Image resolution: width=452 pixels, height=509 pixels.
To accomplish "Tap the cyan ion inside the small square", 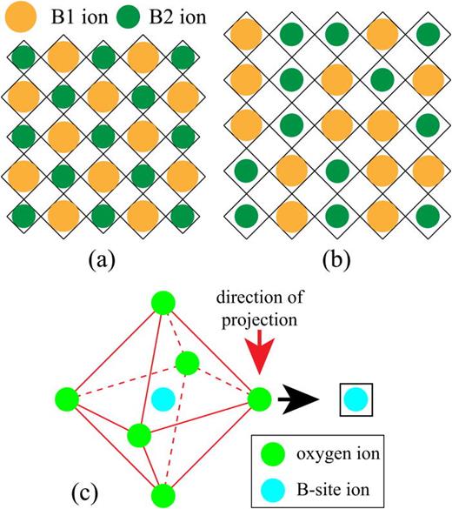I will click(x=355, y=400).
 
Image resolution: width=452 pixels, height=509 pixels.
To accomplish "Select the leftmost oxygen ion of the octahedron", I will click(x=69, y=399).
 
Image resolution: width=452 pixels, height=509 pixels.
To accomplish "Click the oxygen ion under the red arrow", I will click(x=258, y=399).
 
